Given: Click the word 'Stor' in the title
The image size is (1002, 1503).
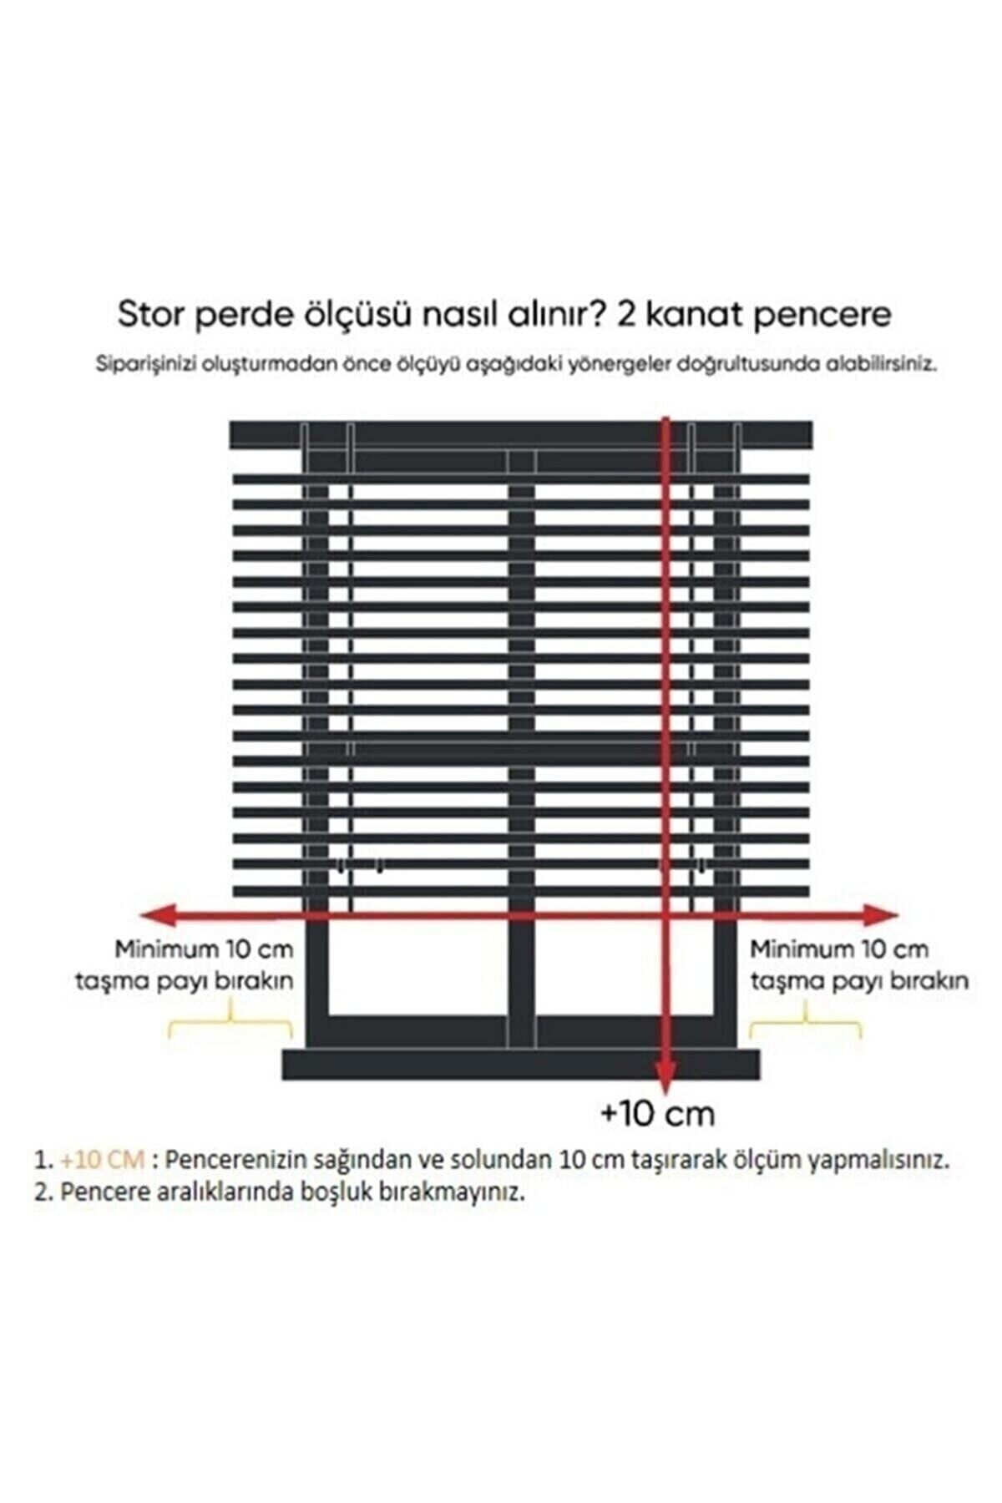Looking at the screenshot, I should (x=152, y=315).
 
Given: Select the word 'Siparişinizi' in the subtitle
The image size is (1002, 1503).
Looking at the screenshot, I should (x=139, y=366).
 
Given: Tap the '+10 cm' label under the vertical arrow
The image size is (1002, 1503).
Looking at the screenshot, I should (x=658, y=1114).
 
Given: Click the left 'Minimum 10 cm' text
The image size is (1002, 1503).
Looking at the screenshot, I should (x=205, y=949).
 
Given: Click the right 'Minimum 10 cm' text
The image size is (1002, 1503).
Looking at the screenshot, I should (x=838, y=949).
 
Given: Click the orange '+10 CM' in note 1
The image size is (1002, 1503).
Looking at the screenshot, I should (x=103, y=1160).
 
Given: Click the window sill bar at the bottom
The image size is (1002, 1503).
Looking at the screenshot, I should (x=518, y=1065).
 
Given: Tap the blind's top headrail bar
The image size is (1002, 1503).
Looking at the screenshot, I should (x=518, y=433).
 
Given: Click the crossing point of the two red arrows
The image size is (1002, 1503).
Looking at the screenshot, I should (x=665, y=916).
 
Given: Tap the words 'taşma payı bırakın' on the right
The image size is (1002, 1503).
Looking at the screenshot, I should (x=859, y=981).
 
